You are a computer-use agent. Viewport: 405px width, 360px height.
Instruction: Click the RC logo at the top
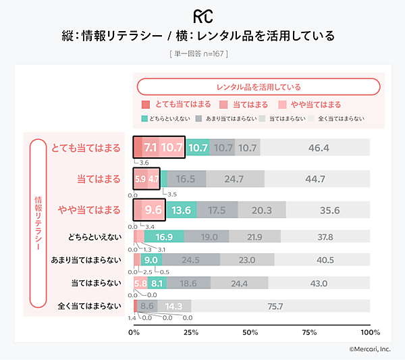point(202,14)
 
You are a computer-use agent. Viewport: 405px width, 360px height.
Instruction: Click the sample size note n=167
point(202,52)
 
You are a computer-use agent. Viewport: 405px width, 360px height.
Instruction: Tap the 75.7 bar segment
point(275,306)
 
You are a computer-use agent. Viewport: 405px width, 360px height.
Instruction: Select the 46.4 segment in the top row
point(315,148)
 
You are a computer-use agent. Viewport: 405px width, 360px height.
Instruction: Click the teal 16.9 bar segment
point(164,236)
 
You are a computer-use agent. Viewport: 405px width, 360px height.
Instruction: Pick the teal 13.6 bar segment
point(182,210)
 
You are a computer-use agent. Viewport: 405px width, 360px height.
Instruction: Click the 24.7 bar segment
point(234,179)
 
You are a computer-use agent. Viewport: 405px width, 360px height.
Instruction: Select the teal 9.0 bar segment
point(151,259)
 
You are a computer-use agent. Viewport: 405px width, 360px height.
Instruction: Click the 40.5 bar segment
point(322,259)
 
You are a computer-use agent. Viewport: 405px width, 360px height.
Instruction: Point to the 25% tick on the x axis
point(191,332)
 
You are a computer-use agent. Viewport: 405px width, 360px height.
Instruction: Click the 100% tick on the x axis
point(370,332)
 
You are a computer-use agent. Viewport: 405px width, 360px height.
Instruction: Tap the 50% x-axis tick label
point(250,332)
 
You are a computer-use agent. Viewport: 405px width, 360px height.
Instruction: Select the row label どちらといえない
point(94,236)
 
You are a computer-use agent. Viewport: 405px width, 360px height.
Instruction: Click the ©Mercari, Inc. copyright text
point(370,349)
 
